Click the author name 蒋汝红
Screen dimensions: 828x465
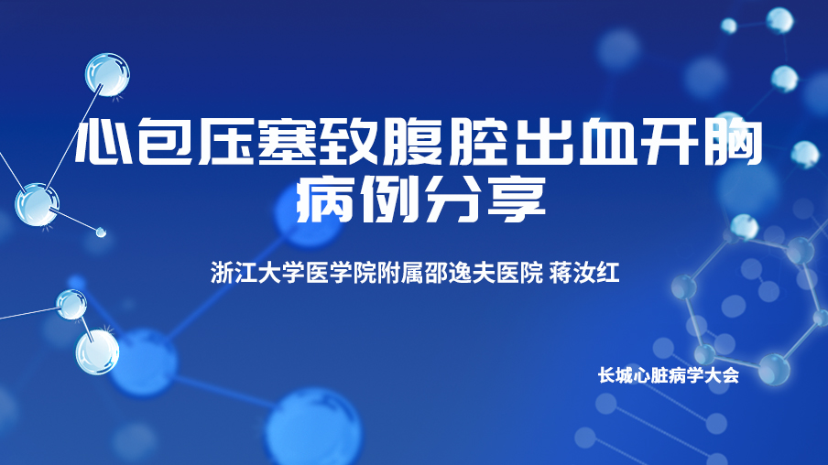(584, 273)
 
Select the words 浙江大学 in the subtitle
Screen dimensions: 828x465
(257, 273)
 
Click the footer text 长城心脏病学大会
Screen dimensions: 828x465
(668, 375)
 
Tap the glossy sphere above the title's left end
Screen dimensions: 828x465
(108, 74)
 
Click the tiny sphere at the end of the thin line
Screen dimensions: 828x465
(101, 232)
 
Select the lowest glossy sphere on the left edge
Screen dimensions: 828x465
(97, 351)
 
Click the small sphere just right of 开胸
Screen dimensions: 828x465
(804, 154)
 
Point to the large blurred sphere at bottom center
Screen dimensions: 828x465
(314, 428)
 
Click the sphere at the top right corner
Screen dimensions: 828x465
(779, 21)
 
